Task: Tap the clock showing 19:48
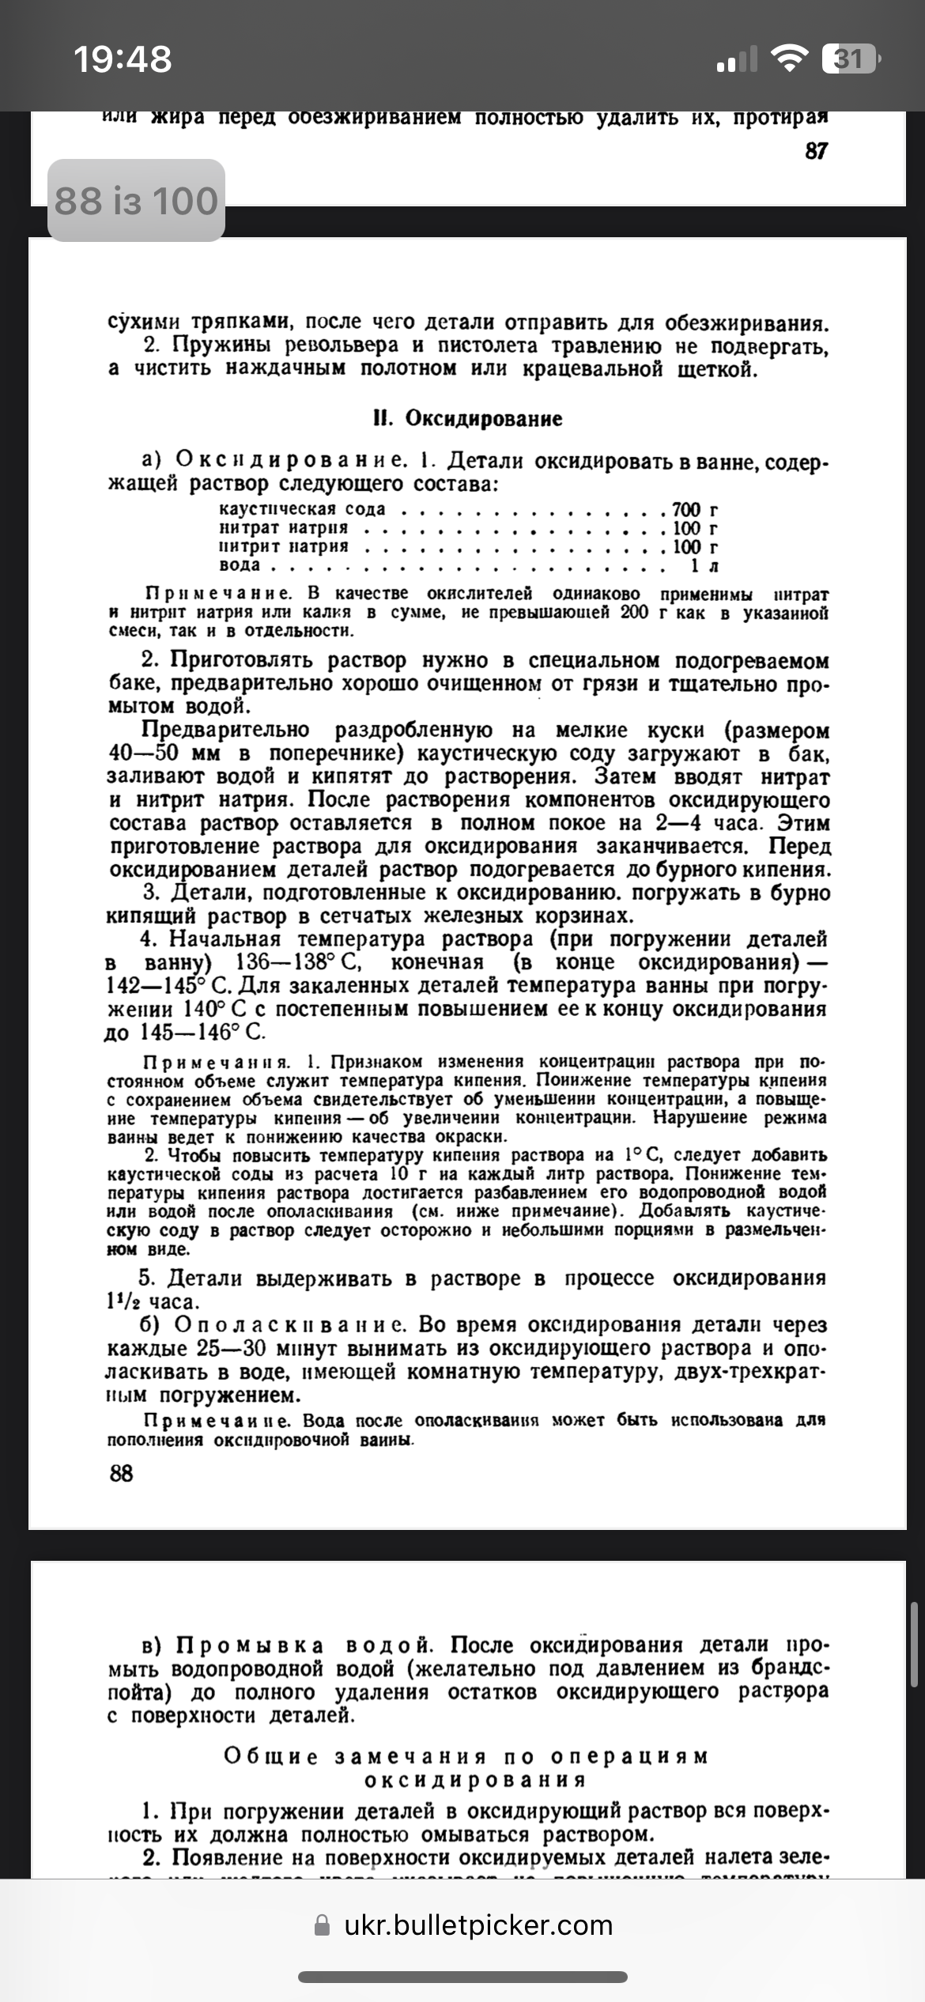(x=123, y=59)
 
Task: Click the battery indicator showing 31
(x=849, y=59)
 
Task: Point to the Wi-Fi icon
(x=788, y=59)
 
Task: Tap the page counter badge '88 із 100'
(x=136, y=201)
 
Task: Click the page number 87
(x=816, y=150)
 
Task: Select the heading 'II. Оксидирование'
(x=467, y=418)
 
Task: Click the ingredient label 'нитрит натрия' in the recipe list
(x=284, y=547)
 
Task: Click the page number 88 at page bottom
(x=121, y=1473)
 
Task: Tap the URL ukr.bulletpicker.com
(x=478, y=1924)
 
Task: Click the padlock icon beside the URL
(x=323, y=1925)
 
